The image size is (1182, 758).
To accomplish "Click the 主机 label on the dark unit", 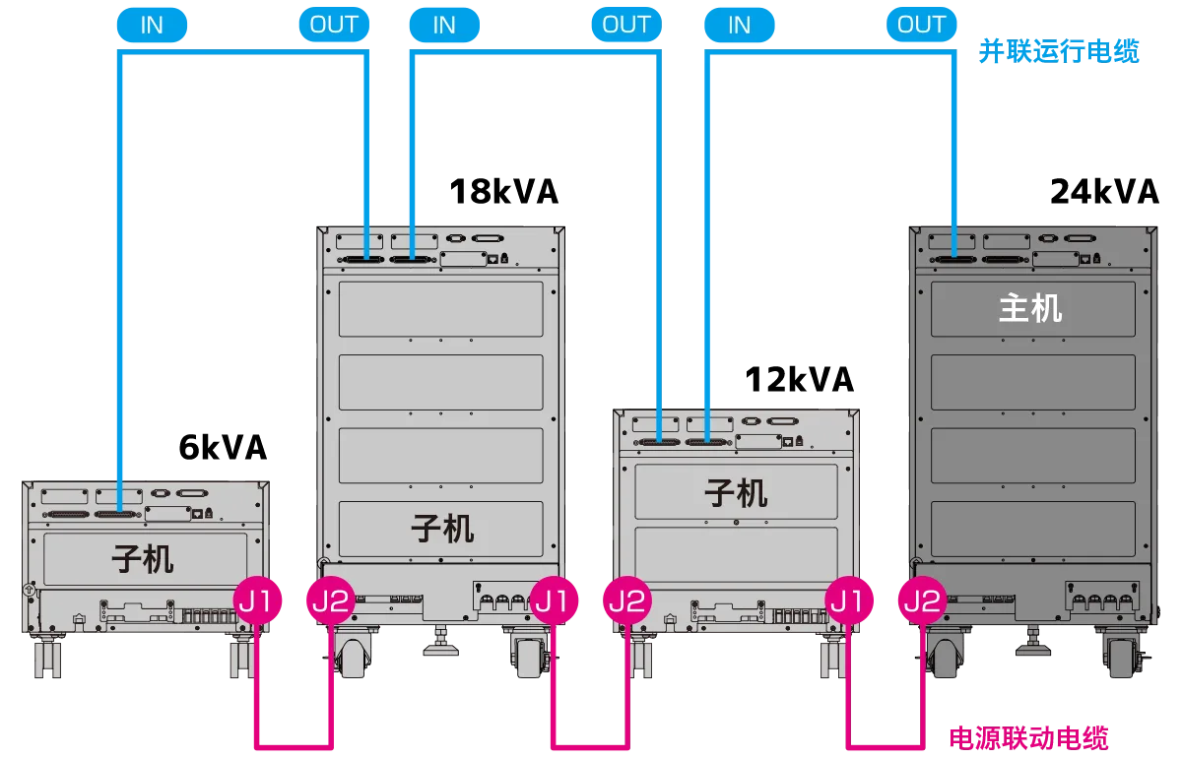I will point(1030,308).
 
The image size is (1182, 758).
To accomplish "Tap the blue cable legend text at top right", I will point(1059,51).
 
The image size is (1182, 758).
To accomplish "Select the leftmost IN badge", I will point(151,25).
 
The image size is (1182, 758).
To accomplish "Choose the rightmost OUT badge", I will point(921,25).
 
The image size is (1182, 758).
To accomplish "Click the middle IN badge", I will point(444,25).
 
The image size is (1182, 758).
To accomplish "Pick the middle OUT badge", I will point(626,25).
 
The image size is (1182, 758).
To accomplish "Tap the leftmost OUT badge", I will point(333,25).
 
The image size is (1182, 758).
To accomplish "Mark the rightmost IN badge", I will point(739,25).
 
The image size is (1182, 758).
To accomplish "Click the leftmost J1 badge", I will point(258,600).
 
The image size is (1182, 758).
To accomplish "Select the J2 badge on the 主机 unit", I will point(922,600).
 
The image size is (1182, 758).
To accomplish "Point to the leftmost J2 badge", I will point(331,600).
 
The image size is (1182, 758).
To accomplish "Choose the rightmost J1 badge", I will point(849,600).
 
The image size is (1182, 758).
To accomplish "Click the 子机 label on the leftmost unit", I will point(143,559).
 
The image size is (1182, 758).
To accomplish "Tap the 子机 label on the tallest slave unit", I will point(441,529).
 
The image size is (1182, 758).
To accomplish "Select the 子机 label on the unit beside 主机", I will point(736,492).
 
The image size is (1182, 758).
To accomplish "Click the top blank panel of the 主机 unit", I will point(1030,309).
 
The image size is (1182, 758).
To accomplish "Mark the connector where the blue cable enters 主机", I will point(952,259).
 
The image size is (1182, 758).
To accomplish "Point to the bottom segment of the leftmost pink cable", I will point(292,740).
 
